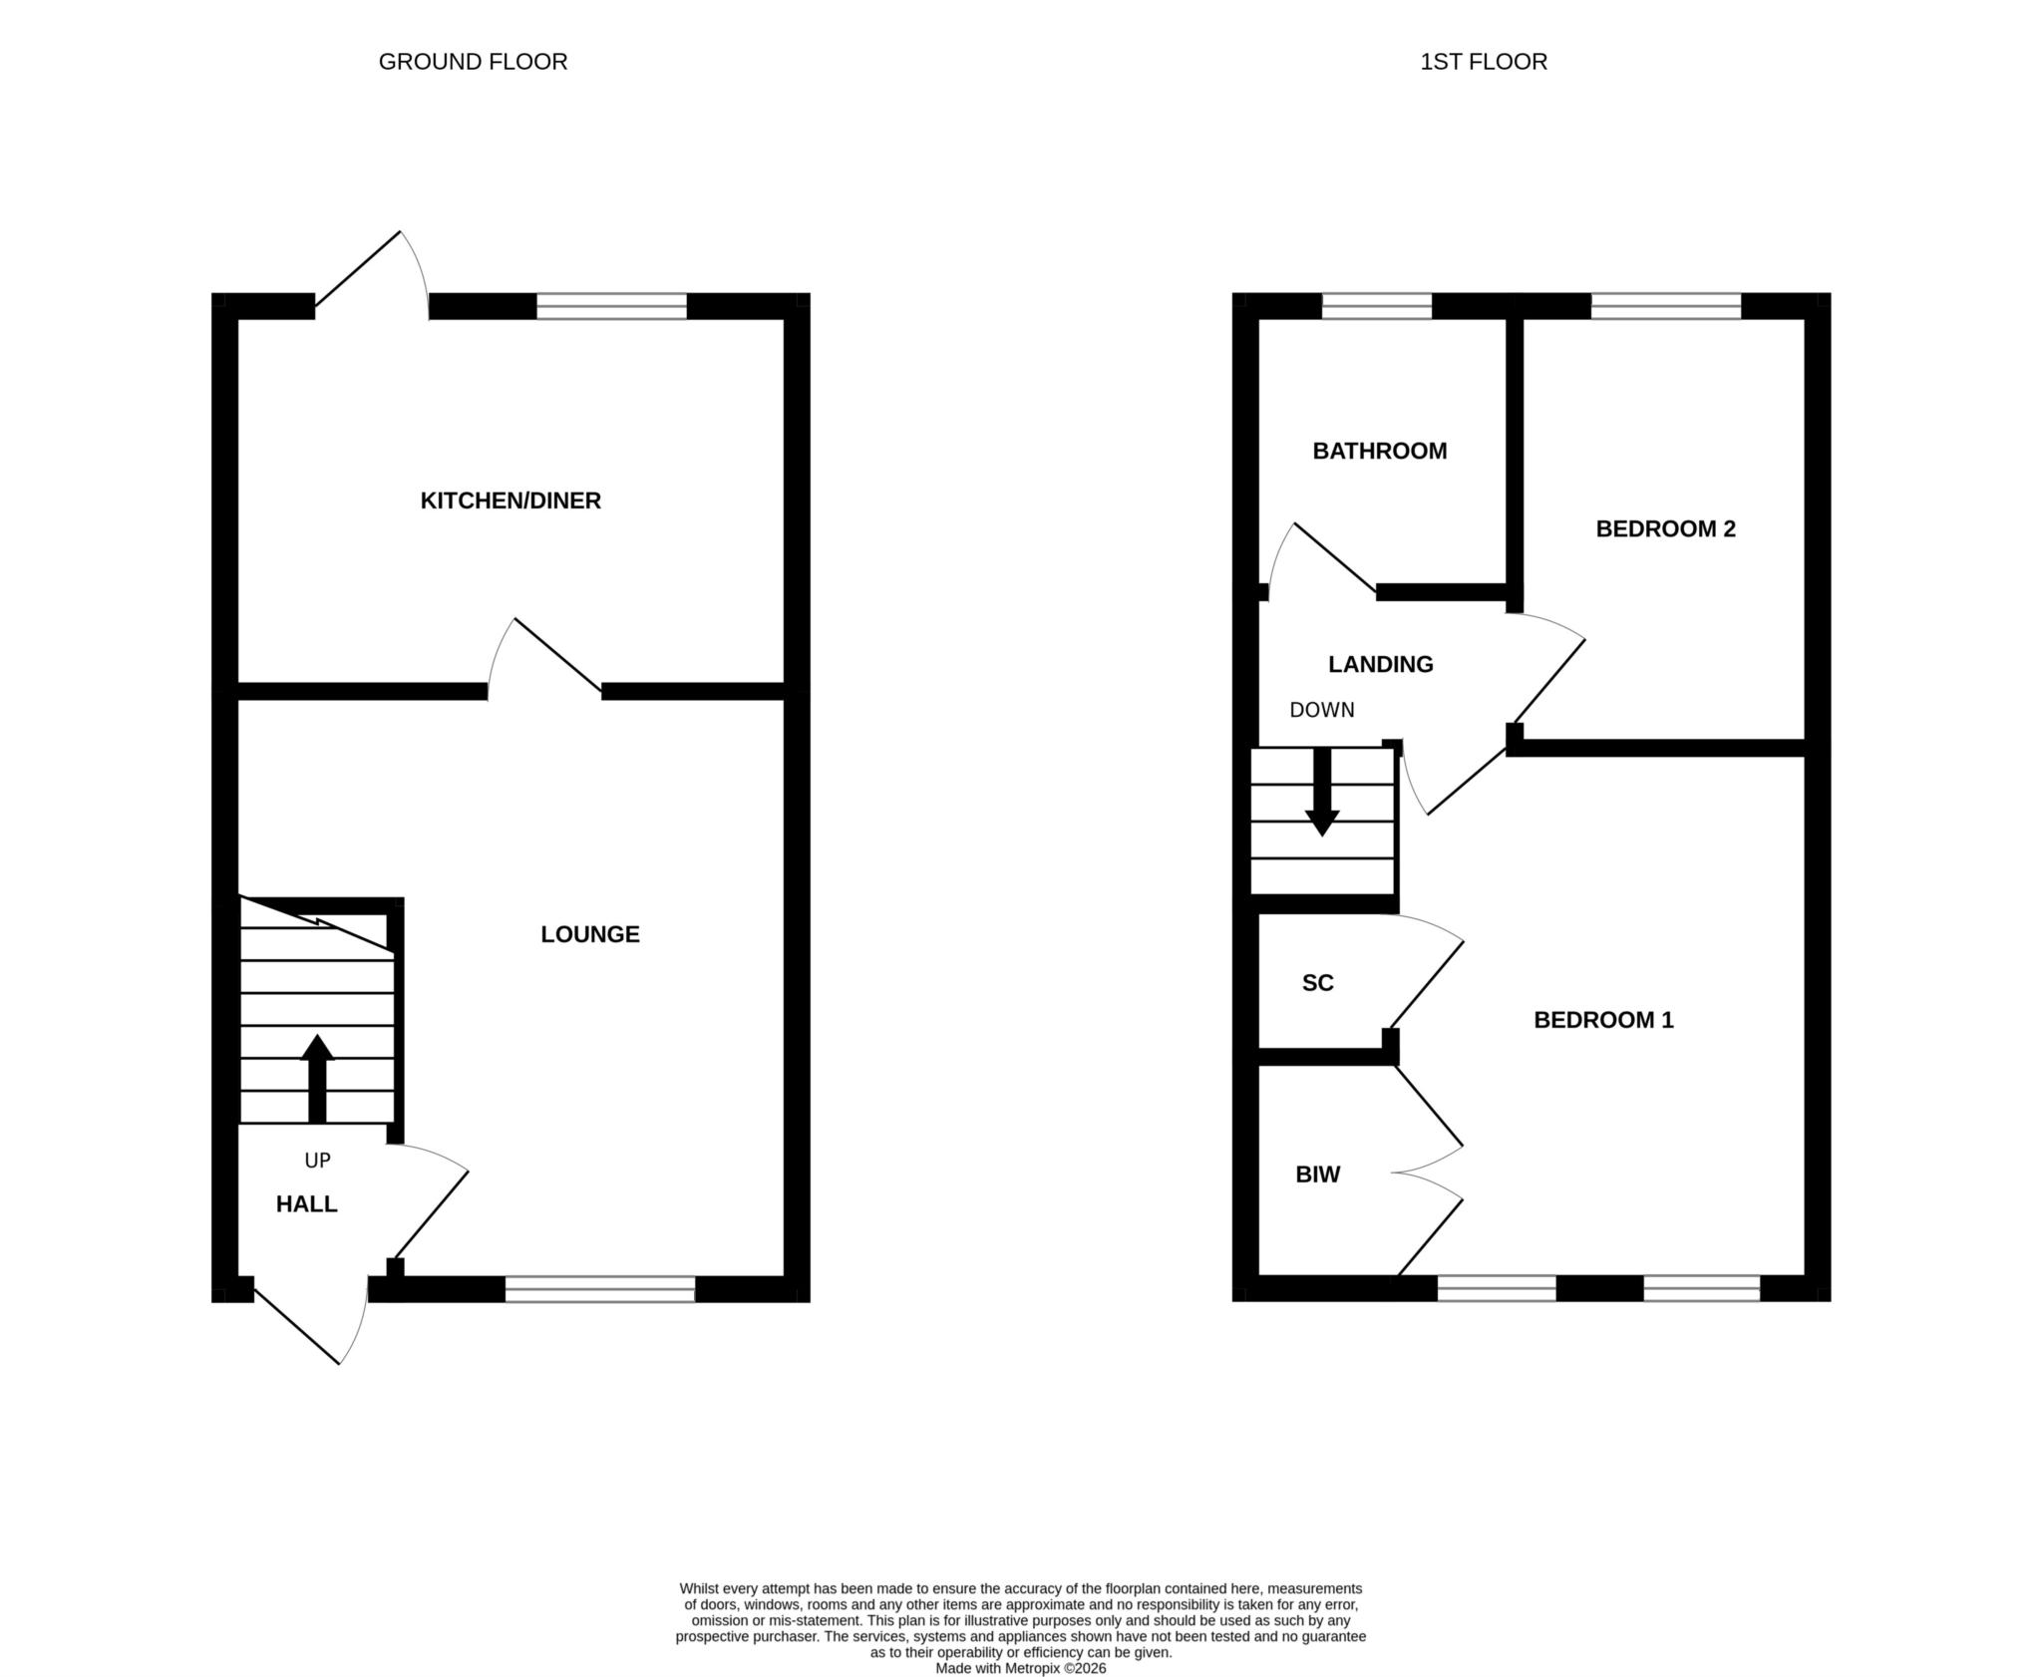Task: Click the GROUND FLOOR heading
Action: point(473,62)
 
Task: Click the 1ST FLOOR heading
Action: point(1484,62)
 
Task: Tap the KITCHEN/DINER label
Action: point(510,501)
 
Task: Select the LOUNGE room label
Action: point(590,934)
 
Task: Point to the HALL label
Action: point(307,1204)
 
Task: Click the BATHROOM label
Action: point(1380,451)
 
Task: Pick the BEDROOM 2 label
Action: point(1666,529)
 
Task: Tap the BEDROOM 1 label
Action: point(1603,1020)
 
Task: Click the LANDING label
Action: point(1381,664)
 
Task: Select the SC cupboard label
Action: point(1318,983)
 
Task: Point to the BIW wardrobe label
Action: point(1318,1174)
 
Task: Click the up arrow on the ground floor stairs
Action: point(317,1079)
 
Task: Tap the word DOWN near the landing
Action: point(1322,710)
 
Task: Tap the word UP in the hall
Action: point(317,1161)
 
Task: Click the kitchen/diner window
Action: point(612,306)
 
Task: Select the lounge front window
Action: point(600,1289)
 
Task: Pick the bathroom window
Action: point(1377,306)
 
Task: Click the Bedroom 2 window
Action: point(1666,306)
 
